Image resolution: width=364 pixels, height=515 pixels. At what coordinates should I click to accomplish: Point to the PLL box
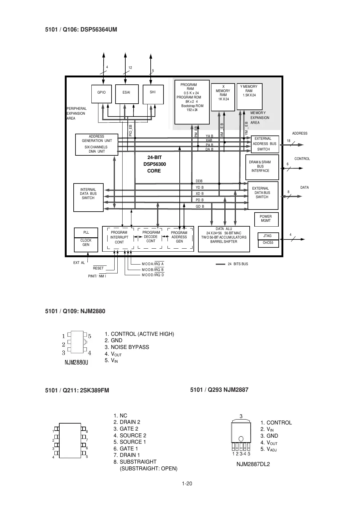(x=86, y=233)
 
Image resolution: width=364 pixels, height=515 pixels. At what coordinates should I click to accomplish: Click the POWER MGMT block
(x=266, y=219)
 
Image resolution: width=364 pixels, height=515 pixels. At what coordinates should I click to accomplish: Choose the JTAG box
(x=268, y=236)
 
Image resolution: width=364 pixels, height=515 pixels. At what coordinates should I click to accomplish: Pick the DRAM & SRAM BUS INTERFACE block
(x=262, y=167)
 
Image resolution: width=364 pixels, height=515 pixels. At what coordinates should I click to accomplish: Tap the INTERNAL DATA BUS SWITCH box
(x=88, y=197)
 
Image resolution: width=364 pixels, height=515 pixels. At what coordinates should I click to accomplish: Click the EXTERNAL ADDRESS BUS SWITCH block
(x=265, y=144)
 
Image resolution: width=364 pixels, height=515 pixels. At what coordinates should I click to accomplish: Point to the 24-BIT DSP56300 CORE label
(x=154, y=164)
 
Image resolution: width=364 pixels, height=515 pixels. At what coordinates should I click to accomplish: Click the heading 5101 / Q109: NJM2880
(x=75, y=311)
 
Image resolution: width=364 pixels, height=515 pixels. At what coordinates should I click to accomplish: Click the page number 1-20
(x=187, y=484)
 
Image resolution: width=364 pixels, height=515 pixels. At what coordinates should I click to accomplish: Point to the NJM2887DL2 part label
(x=253, y=464)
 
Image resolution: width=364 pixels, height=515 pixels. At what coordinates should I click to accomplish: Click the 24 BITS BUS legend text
(x=238, y=264)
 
